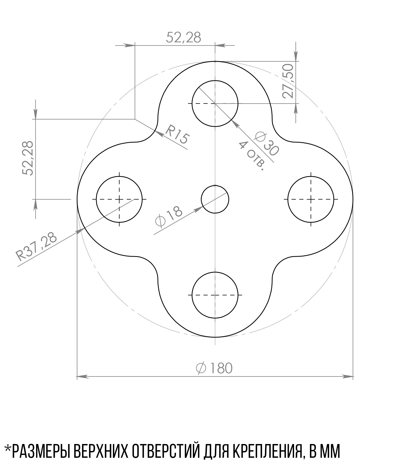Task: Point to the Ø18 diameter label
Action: (x=169, y=217)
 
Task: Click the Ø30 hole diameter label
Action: (x=267, y=144)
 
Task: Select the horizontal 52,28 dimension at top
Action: (x=184, y=38)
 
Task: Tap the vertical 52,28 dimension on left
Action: (x=28, y=158)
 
